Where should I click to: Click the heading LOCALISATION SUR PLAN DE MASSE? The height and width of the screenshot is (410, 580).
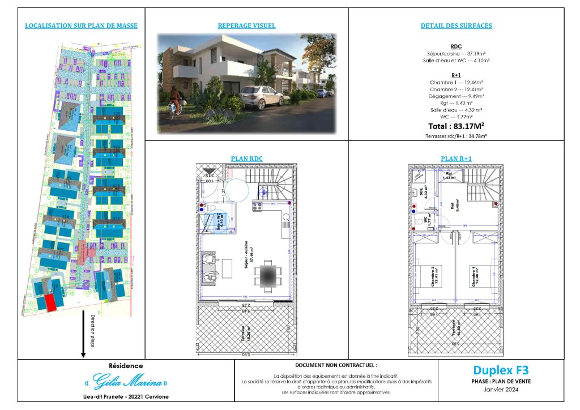(82, 25)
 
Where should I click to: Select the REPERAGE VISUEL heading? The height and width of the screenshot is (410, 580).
(247, 25)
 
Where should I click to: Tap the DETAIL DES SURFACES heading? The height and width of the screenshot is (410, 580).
(456, 25)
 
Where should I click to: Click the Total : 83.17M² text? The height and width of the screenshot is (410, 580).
(456, 126)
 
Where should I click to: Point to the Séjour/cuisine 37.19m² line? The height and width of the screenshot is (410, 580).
(456, 53)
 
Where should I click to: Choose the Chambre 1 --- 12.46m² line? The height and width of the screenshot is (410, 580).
(456, 82)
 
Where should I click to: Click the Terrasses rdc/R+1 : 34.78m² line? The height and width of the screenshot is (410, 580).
(456, 136)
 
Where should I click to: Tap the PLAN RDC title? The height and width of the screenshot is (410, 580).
(247, 159)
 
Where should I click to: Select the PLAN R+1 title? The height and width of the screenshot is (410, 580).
(456, 159)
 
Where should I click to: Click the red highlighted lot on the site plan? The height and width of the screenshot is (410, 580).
(51, 302)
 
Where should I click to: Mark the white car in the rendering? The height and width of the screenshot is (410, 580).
(261, 97)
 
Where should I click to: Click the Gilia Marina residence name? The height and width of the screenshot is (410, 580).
(126, 380)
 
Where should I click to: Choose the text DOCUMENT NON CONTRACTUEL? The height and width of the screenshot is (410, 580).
(336, 366)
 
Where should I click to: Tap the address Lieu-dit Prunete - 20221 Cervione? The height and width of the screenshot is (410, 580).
(126, 396)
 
